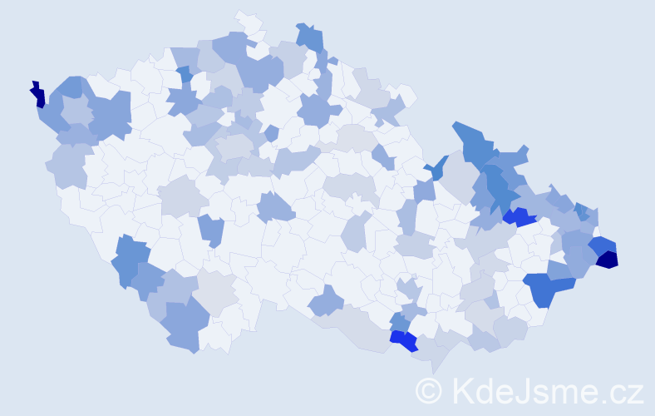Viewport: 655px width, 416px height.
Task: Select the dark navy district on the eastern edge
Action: click(x=608, y=260)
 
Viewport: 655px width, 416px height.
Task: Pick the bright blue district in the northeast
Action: click(x=520, y=218)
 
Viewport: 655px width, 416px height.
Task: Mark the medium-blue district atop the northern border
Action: click(x=310, y=37)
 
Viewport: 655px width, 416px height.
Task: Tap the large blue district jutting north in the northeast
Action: click(x=472, y=141)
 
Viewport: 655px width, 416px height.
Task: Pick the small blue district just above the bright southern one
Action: click(x=399, y=321)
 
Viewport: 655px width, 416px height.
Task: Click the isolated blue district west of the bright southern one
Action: click(x=326, y=300)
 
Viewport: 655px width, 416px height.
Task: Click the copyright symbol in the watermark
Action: click(x=429, y=390)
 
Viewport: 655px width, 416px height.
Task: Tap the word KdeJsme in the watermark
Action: click(x=515, y=390)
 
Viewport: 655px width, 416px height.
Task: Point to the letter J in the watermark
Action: click(x=522, y=390)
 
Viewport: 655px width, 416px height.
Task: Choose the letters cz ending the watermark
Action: click(x=626, y=392)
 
